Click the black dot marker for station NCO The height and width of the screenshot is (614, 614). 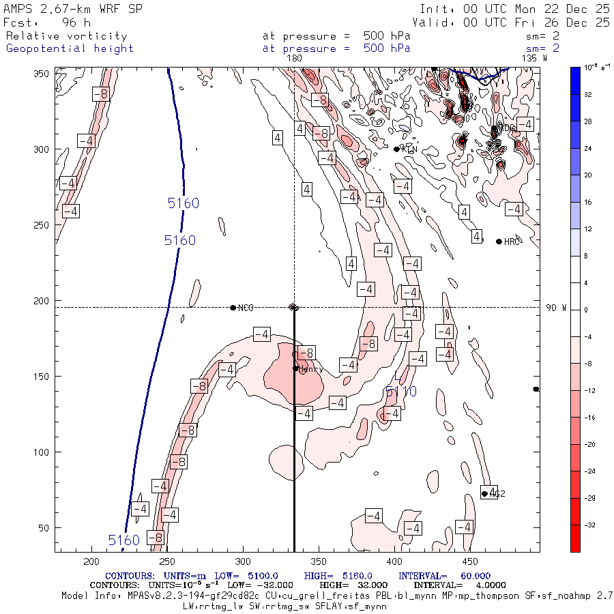click(x=233, y=308)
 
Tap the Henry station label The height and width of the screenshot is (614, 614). click(x=311, y=369)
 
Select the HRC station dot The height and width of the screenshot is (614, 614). click(x=499, y=242)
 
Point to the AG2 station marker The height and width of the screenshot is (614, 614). click(x=484, y=494)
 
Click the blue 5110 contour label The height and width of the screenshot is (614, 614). click(x=400, y=391)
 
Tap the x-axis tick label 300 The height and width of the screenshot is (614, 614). click(x=243, y=561)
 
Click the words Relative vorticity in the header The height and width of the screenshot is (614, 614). click(x=66, y=36)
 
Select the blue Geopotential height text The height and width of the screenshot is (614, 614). click(x=70, y=48)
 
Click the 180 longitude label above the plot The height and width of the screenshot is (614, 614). click(x=293, y=59)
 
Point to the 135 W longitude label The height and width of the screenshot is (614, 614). click(x=533, y=59)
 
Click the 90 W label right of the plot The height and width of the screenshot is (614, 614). click(x=556, y=308)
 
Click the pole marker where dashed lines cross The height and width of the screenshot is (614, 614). click(x=294, y=307)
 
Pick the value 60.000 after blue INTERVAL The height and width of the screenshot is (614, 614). click(x=476, y=576)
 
